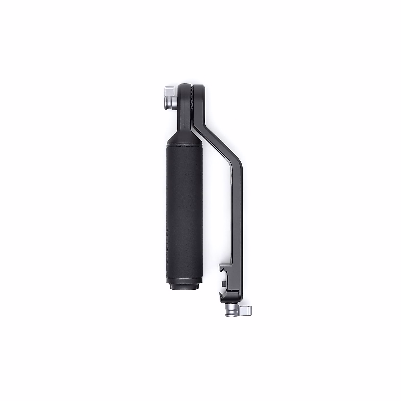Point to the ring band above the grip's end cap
pos(184,282)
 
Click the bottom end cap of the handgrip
pos(184,288)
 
